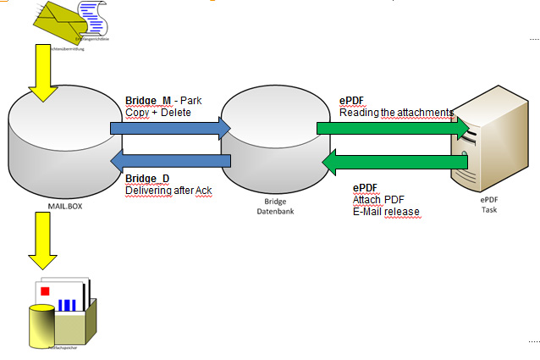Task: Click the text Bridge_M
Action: tap(147, 101)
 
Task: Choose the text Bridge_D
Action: tap(147, 179)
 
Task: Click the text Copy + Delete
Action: tap(158, 112)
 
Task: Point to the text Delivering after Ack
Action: tap(168, 191)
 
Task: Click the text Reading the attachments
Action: tap(396, 112)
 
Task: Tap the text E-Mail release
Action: tap(386, 212)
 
